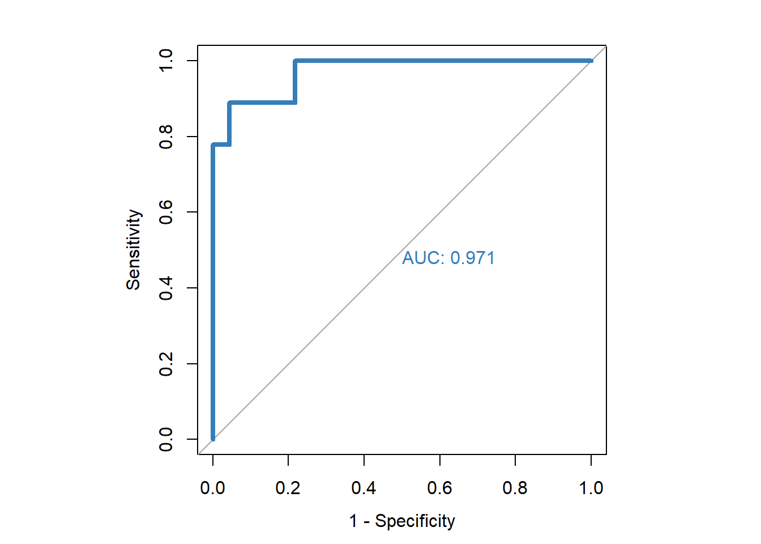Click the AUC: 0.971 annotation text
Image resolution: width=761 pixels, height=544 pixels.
click(x=448, y=258)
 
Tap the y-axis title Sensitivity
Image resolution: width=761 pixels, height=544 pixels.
click(x=133, y=250)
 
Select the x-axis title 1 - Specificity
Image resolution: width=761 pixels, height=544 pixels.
click(x=402, y=521)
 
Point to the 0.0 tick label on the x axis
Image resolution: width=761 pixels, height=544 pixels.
click(x=212, y=488)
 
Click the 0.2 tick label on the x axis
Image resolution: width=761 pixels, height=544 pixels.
click(x=288, y=488)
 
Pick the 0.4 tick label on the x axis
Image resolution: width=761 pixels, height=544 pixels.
click(x=364, y=488)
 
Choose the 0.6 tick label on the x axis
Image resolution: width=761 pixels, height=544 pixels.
click(x=439, y=488)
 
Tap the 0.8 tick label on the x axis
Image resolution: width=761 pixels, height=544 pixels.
click(x=515, y=488)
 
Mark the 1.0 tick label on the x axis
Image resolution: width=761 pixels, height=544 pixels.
click(x=591, y=488)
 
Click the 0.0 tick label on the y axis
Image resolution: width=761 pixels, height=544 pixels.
click(x=166, y=439)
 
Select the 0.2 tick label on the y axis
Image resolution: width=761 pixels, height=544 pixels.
click(x=166, y=364)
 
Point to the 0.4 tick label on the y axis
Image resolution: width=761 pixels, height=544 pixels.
click(x=166, y=288)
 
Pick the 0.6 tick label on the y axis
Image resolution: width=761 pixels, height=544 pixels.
click(x=166, y=212)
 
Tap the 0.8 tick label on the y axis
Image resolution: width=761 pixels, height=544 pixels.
click(x=166, y=137)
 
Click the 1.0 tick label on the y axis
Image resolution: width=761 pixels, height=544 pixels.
click(x=166, y=61)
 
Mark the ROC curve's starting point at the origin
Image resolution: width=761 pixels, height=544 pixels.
click(x=213, y=439)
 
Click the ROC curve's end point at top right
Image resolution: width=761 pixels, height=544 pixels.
click(x=591, y=61)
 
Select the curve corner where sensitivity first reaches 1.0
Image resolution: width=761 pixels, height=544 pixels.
click(x=295, y=61)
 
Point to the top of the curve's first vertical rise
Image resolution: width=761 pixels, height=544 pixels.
click(x=213, y=145)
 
